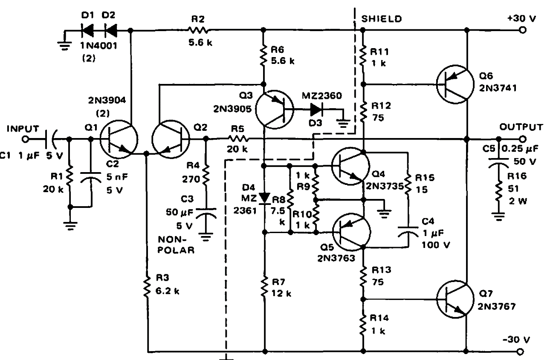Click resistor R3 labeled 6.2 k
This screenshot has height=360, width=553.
click(148, 285)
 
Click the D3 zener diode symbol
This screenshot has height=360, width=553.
click(316, 109)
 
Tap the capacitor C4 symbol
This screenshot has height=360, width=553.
click(408, 230)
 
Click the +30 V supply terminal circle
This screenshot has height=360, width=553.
click(522, 30)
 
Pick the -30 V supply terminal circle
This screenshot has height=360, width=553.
click(522, 352)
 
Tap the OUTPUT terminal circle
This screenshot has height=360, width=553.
click(522, 138)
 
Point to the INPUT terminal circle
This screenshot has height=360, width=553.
click(26, 139)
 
